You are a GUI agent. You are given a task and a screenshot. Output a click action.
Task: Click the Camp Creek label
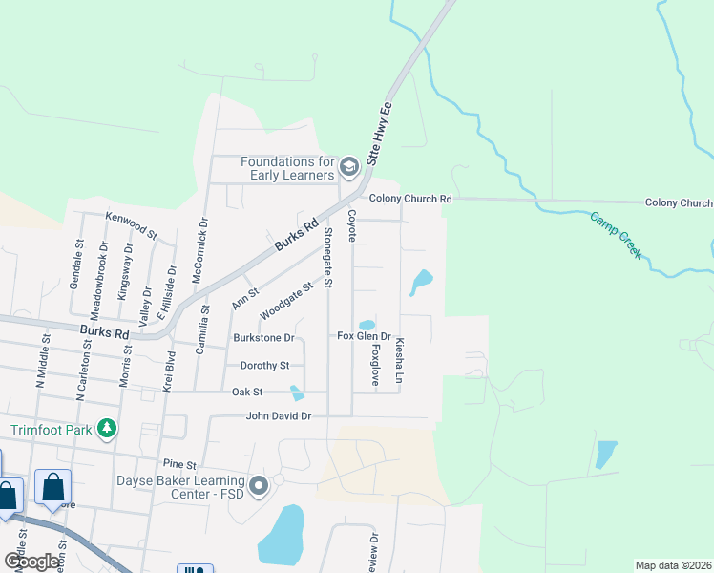[x=617, y=236]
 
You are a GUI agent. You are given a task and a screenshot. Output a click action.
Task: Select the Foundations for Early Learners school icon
[x=348, y=169]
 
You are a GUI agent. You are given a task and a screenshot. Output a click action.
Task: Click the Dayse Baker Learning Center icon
[x=259, y=488]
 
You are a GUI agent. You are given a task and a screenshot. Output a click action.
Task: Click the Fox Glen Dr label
[x=365, y=336]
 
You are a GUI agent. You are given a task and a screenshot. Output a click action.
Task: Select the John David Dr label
[x=279, y=416]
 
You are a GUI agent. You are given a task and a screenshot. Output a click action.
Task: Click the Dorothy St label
[x=264, y=366]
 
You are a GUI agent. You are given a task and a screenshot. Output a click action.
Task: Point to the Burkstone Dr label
[x=263, y=338]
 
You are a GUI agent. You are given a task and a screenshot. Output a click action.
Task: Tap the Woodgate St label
[x=287, y=301]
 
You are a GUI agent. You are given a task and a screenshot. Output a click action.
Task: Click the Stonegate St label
[x=327, y=258]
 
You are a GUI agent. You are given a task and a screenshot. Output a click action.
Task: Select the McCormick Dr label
[x=203, y=248]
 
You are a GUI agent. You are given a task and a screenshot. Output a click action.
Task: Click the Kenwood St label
[x=131, y=225]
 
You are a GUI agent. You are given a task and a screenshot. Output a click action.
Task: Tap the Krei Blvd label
[x=167, y=372]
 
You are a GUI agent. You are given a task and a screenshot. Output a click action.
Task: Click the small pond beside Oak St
[x=298, y=393]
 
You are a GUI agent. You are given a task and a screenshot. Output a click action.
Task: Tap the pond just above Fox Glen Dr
[x=367, y=325]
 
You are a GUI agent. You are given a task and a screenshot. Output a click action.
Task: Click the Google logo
[x=31, y=562]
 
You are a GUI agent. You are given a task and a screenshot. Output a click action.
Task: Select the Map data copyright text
[x=672, y=565]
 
